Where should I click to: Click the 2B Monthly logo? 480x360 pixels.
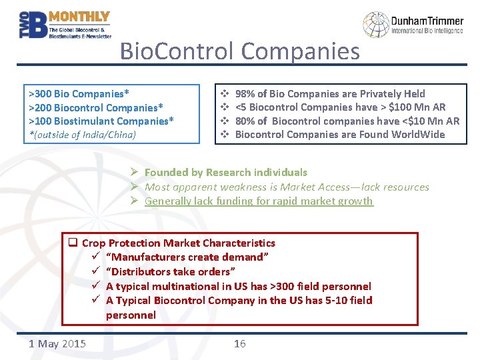(x=64, y=25)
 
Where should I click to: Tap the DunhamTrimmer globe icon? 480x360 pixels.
(x=375, y=25)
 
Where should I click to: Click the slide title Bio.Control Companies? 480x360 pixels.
(x=239, y=51)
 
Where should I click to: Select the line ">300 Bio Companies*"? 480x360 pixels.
(x=79, y=93)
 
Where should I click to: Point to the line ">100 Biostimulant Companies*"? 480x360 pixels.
(x=101, y=121)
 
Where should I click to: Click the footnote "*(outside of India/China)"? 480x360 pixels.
(x=81, y=134)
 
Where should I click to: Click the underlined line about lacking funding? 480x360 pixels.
(x=259, y=201)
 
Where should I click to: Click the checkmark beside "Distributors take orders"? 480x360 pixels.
(x=96, y=272)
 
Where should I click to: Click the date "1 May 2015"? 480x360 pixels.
(x=57, y=343)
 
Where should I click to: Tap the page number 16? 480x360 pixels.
(x=239, y=343)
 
